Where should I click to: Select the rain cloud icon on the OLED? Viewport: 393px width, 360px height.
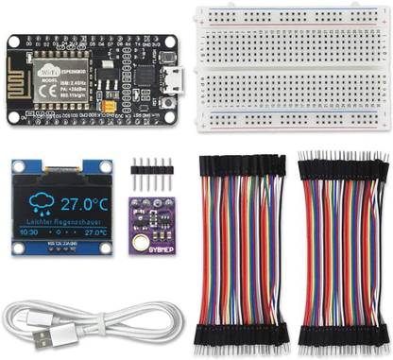coord(40,202)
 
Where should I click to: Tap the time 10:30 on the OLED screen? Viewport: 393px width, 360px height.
coord(29,231)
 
